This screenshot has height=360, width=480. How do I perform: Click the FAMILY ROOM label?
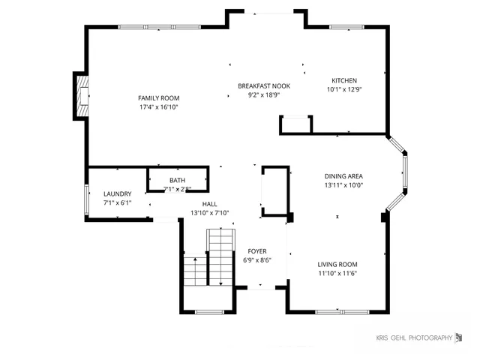click(158, 98)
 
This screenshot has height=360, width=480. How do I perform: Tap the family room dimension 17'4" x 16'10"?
click(158, 107)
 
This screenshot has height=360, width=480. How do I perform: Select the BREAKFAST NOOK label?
click(264, 86)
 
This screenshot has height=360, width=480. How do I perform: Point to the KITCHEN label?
click(344, 81)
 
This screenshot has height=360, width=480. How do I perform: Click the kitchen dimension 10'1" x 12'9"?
click(344, 90)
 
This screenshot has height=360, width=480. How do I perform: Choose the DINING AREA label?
click(343, 176)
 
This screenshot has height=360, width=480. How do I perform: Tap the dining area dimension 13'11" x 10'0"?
click(343, 185)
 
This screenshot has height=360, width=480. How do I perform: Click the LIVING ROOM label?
click(337, 264)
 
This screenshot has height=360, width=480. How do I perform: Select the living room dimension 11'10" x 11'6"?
click(337, 273)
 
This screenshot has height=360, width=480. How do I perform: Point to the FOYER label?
click(257, 251)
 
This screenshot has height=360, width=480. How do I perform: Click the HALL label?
click(209, 204)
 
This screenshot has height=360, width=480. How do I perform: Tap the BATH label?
click(177, 180)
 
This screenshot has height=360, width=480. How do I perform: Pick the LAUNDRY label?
click(117, 193)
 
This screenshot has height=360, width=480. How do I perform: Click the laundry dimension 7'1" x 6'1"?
click(117, 202)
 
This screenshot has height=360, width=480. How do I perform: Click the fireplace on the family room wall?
click(80, 95)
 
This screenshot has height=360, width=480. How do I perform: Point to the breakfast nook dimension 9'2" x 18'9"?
click(264, 95)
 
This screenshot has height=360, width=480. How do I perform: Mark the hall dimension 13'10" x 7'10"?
click(209, 213)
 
